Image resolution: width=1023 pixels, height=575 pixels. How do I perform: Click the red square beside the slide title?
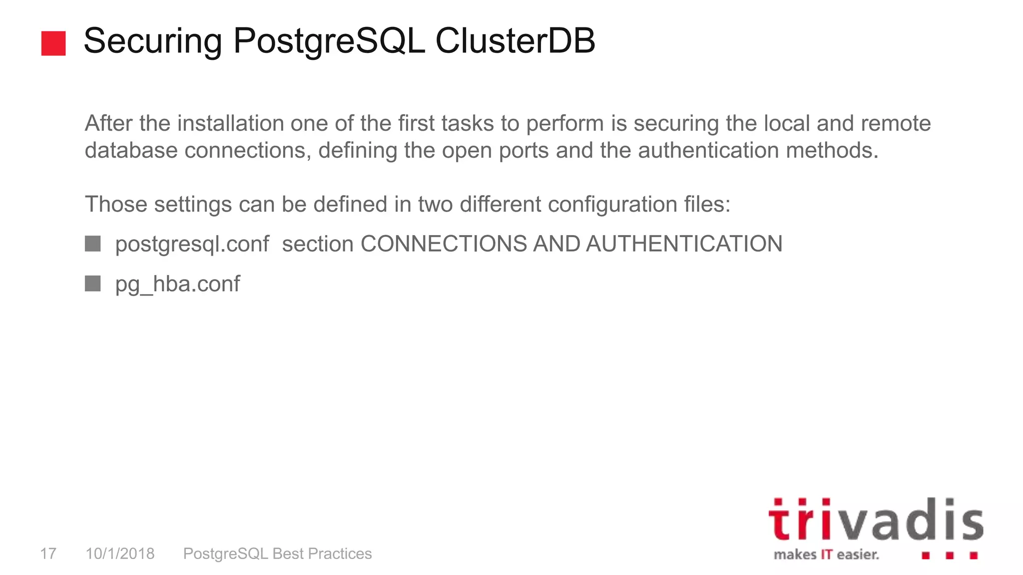(53, 43)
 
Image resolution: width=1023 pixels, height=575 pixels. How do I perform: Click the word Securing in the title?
(153, 41)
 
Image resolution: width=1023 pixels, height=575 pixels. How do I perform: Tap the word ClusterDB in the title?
(515, 41)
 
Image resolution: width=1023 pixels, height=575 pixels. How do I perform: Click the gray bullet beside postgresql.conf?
(93, 244)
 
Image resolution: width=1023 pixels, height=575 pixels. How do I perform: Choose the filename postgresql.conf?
(192, 245)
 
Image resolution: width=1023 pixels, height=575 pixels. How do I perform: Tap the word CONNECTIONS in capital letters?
(444, 244)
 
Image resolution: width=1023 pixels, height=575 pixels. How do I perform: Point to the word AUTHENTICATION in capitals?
(684, 244)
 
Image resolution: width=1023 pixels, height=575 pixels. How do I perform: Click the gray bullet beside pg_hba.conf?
(93, 284)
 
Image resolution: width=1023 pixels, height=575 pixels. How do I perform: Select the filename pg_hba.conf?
(177, 285)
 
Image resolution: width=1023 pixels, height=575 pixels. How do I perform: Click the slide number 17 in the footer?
(48, 554)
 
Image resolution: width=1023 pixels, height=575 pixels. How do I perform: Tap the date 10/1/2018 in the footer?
(120, 554)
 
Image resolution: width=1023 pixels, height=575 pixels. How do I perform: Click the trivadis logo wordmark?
(876, 520)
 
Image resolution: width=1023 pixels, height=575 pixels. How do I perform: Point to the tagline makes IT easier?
(826, 555)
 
